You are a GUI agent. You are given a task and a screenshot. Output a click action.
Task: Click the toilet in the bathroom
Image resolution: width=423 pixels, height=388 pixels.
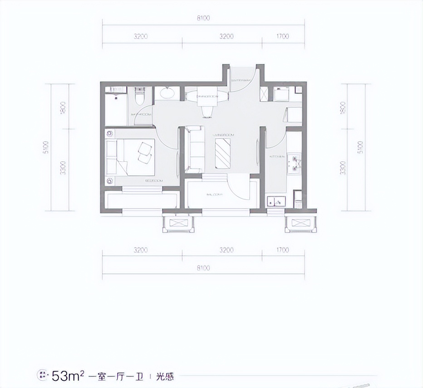(140, 97)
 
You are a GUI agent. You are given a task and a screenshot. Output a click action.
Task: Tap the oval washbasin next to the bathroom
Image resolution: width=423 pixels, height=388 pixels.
(169, 94)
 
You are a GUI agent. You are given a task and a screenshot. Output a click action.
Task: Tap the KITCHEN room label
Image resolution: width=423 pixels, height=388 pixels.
(277, 156)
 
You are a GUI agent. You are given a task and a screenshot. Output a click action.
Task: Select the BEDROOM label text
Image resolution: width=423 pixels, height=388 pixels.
(154, 180)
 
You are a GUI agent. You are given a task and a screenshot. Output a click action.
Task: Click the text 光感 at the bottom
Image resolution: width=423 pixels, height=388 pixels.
(165, 376)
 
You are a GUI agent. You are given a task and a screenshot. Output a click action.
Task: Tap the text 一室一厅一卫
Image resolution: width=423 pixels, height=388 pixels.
(115, 376)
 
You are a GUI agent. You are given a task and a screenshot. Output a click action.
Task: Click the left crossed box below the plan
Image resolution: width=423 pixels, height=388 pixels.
(178, 223)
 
